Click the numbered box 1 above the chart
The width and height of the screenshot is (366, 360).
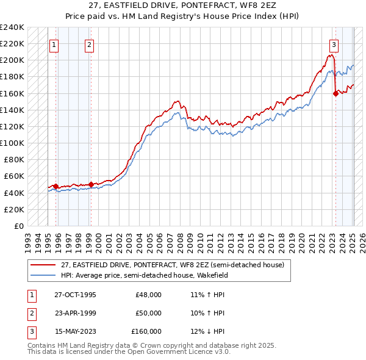point(54,44)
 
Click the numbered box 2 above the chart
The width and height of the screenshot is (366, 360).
point(90,44)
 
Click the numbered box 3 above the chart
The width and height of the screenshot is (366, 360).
point(334,44)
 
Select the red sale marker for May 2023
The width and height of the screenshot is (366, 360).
point(335,93)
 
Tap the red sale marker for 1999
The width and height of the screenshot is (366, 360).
point(91,184)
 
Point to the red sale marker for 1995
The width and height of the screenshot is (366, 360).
point(56,186)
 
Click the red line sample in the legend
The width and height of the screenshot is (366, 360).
point(43,265)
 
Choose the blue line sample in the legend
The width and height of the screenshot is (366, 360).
point(43,275)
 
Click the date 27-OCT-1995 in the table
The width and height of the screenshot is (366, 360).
point(75,295)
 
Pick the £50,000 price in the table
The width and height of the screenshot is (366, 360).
point(148,313)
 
